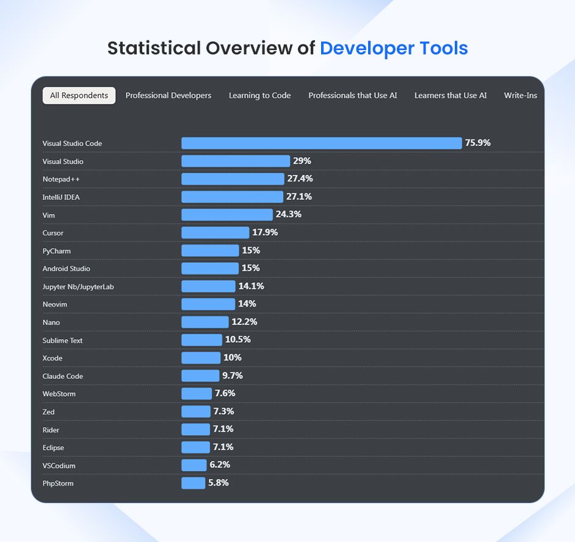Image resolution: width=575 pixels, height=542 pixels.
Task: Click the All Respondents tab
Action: pos(79,95)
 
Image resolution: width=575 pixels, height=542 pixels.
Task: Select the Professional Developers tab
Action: pos(168,95)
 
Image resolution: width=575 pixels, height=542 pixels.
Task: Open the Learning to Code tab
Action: pos(259,95)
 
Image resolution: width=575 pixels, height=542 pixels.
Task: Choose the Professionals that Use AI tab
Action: pos(352,95)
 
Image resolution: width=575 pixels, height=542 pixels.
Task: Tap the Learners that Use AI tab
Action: pos(450,95)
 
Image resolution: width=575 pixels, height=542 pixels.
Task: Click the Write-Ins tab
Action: pos(520,95)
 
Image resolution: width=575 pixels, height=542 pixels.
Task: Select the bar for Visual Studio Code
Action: pos(321,143)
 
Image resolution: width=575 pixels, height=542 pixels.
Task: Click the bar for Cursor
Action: pos(215,233)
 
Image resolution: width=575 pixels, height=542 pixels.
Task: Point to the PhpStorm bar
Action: pos(193,483)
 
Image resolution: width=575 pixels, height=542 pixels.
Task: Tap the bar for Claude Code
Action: pos(200,376)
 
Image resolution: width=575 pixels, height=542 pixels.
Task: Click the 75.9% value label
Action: pos(477,143)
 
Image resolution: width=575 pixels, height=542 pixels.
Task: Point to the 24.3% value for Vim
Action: pos(288,214)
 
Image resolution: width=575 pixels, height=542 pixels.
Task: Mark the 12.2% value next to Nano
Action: pos(244,322)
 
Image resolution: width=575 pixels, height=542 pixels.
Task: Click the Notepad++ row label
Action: pos(61,179)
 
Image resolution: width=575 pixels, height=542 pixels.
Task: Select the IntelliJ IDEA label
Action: pos(61,197)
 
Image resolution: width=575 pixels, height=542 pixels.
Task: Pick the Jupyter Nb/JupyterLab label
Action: pos(78,287)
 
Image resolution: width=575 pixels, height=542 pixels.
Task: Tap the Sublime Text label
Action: pos(62,340)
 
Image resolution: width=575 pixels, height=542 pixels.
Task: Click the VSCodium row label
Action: pos(59,466)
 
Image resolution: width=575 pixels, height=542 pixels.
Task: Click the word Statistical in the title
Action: pos(153,48)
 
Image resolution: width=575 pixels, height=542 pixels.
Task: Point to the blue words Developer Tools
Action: pos(394,48)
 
